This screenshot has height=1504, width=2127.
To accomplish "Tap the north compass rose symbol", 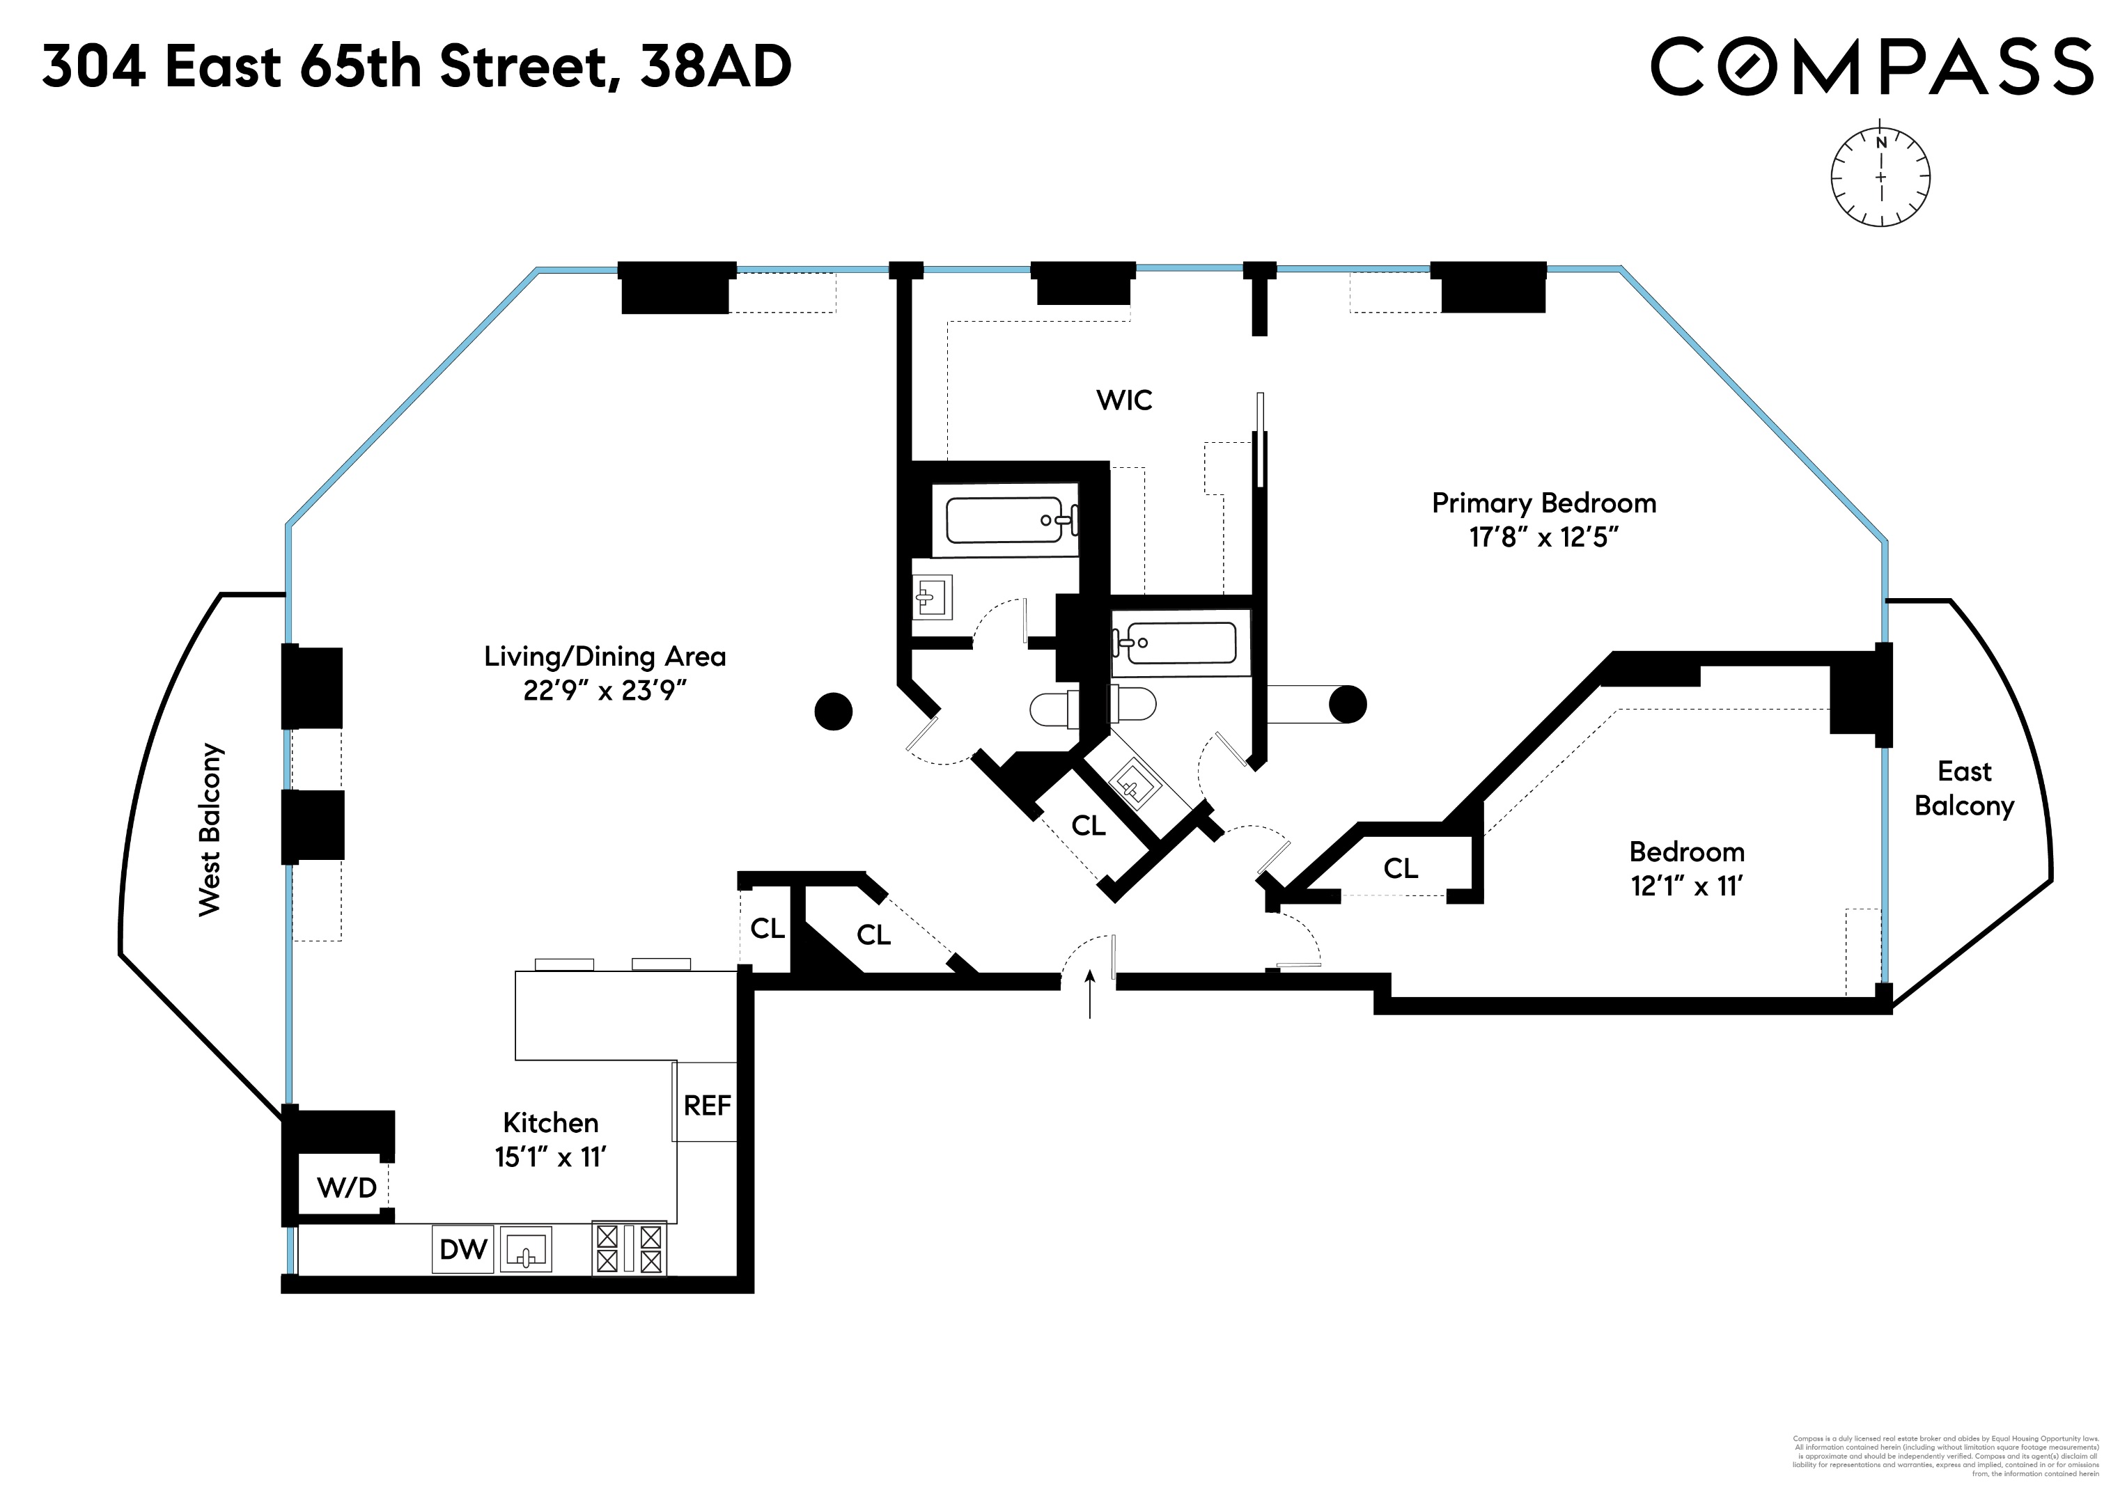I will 1880,177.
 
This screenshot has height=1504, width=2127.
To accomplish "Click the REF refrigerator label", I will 707,1105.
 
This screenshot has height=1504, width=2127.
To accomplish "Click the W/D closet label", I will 346,1187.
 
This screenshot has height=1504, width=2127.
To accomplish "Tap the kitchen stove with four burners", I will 629,1248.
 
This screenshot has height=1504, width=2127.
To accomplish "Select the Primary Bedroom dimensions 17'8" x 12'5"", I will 1543,537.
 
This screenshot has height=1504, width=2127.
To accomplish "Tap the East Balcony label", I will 1964,788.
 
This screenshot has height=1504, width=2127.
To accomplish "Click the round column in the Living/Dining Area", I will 833,711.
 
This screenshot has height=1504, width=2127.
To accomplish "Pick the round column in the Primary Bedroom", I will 1347,705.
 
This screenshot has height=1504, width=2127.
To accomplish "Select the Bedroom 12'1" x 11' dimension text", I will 1686,886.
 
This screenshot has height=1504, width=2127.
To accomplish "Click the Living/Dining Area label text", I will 604,657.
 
